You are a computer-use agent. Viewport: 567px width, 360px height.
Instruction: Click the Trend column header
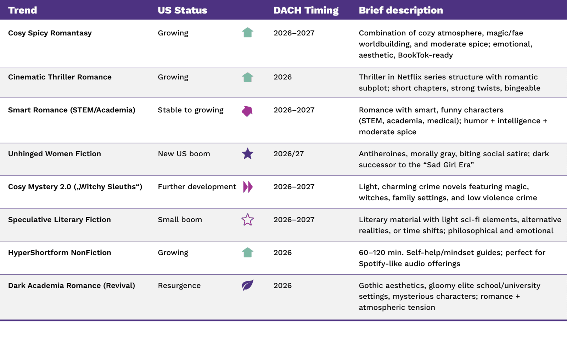[x=23, y=10]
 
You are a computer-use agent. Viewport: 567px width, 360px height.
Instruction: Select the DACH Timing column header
[x=306, y=10]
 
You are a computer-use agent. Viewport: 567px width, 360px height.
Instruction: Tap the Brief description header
[x=401, y=10]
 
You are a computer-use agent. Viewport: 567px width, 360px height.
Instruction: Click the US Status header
[x=182, y=10]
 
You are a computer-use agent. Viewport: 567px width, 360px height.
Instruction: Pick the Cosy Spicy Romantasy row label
[x=50, y=33]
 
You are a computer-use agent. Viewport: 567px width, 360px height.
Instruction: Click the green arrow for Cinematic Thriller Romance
[x=248, y=77]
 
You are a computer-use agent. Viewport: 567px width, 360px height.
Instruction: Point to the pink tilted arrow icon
[x=247, y=111]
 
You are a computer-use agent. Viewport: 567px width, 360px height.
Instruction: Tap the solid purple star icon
[x=248, y=154]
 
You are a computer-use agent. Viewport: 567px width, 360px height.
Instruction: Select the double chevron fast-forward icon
[x=248, y=187]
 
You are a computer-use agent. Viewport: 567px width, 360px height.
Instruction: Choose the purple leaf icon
[x=247, y=285]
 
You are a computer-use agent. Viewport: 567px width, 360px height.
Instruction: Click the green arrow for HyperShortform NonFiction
[x=248, y=252]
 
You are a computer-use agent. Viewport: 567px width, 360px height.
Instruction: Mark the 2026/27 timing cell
[x=288, y=154]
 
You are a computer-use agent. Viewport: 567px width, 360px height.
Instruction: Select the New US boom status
[x=184, y=154]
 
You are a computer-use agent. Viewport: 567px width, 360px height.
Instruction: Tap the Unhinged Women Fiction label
[x=55, y=154]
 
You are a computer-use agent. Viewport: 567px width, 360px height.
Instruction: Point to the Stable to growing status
[x=191, y=110]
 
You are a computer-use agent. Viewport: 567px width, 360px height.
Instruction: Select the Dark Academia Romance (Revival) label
[x=72, y=286]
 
